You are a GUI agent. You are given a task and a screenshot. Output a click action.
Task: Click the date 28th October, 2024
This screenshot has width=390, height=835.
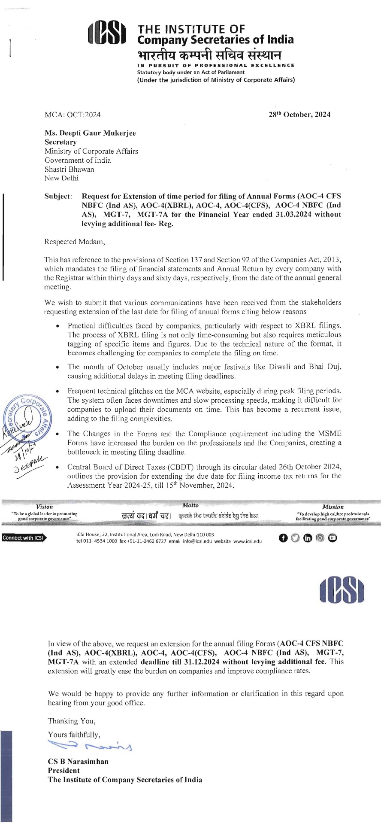click(x=299, y=115)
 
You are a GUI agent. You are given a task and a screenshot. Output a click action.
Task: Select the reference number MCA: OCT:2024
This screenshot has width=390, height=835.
click(x=73, y=115)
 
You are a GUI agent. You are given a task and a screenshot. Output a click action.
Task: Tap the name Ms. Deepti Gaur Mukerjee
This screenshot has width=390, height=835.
click(x=90, y=133)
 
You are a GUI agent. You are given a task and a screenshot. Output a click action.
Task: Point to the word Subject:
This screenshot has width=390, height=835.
click(x=58, y=196)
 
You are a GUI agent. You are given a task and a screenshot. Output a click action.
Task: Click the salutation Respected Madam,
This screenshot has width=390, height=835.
click(x=75, y=242)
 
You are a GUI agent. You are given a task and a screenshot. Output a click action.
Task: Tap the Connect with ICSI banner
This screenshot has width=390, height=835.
click(x=24, y=537)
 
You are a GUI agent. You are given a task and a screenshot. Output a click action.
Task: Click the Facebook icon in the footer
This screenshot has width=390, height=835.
click(x=283, y=538)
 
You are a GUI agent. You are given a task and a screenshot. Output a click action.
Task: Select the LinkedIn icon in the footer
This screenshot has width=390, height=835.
click(x=308, y=538)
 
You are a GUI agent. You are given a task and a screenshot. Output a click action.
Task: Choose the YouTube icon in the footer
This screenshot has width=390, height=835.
click(x=333, y=538)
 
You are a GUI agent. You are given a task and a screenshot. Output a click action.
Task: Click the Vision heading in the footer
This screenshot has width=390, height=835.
click(x=45, y=507)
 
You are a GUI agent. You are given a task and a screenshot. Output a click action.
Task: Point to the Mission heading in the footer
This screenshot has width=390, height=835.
click(x=333, y=507)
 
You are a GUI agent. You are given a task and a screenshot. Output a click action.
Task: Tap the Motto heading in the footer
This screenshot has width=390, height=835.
click(x=190, y=505)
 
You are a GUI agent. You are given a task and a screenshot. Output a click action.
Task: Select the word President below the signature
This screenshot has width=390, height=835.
click(x=64, y=771)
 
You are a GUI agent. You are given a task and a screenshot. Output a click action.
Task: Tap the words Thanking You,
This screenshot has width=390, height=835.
click(x=72, y=721)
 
